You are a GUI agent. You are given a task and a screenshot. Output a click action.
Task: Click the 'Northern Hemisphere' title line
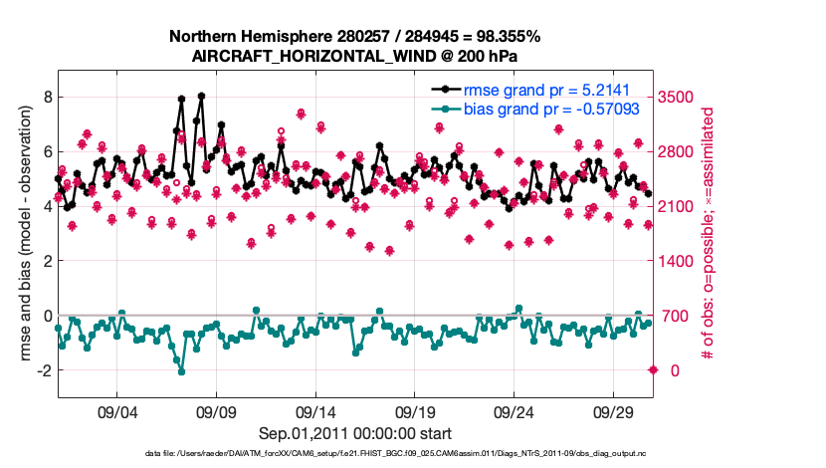354,36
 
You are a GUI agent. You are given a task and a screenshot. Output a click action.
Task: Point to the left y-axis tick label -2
41,370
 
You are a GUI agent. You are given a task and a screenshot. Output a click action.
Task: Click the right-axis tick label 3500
677,97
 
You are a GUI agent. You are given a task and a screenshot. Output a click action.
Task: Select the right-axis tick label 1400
677,261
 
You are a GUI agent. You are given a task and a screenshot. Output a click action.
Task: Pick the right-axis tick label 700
673,316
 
